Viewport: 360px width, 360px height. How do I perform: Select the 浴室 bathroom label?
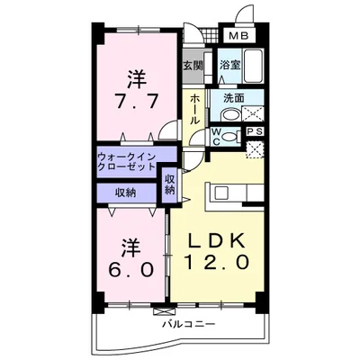coord(229,66)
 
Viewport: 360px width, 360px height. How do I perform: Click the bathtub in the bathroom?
coord(254,67)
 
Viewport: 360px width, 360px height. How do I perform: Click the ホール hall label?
coord(194,110)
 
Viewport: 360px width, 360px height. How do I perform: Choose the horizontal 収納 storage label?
coord(125,191)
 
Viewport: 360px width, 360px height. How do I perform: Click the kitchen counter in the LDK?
coord(237,193)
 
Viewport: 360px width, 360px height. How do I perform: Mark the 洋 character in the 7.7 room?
coord(136,76)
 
